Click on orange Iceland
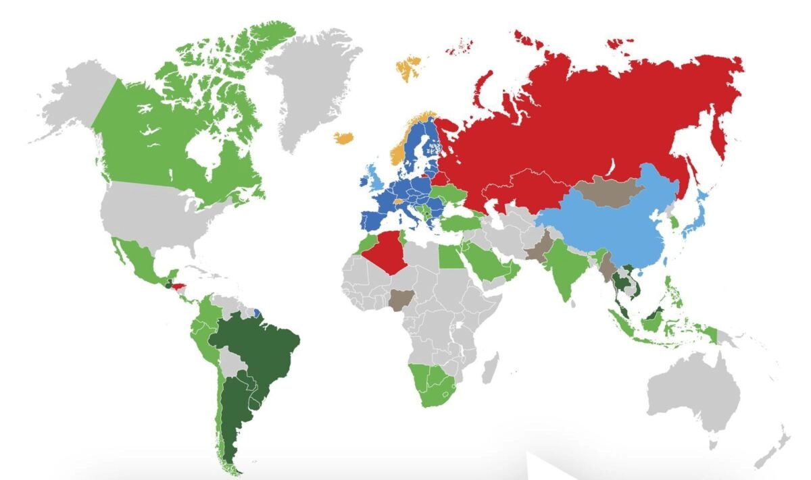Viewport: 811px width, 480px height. click(344, 138)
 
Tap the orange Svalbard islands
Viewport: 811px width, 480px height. click(408, 68)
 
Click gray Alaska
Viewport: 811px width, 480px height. click(74, 101)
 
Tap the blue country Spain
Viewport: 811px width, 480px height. click(372, 220)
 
